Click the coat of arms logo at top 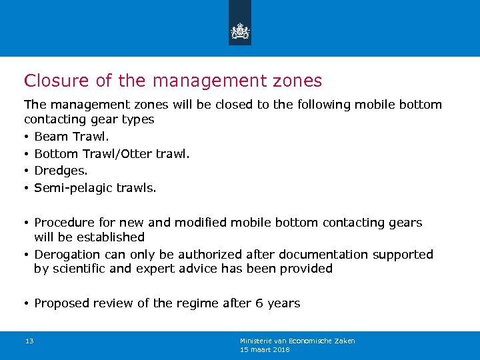pos(239,31)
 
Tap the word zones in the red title pos(297,81)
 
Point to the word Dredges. pos(61,171)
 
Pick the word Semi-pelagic pos(73,188)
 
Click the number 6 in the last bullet pos(259,303)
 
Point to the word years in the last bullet pos(283,304)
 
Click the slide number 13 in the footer pos(29,341)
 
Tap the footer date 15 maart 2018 pos(265,349)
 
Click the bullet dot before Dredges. pos(27,171)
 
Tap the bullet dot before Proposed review pos(27,304)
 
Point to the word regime pos(198,304)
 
